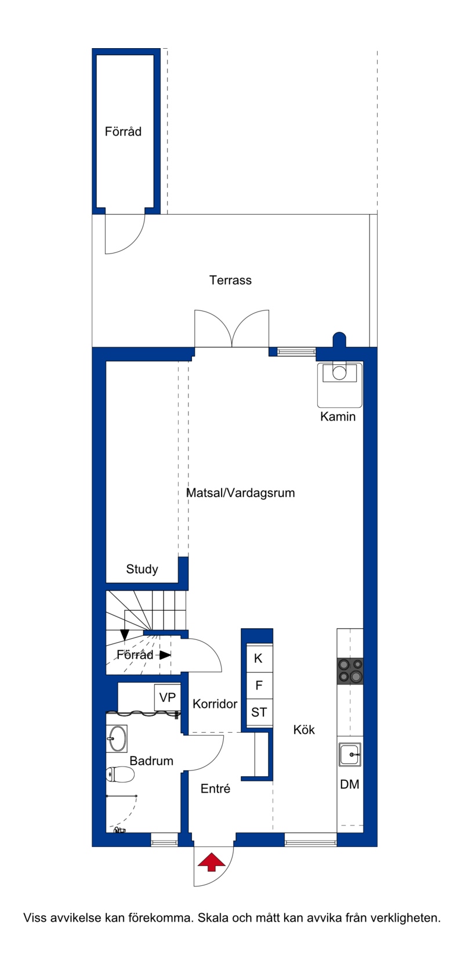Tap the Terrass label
coord(230,280)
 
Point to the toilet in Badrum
coord(120,774)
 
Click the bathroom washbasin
coord(117,738)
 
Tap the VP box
coord(168,697)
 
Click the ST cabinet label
coord(259,712)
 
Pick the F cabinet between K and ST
coord(259,685)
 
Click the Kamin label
coord(338,417)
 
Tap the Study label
coord(142,569)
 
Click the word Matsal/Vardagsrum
coord(241,493)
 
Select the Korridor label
coord(215,704)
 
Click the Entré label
coord(215,788)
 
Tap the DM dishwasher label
coord(350,784)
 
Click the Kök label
coord(304,730)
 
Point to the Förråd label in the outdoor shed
coord(123,131)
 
